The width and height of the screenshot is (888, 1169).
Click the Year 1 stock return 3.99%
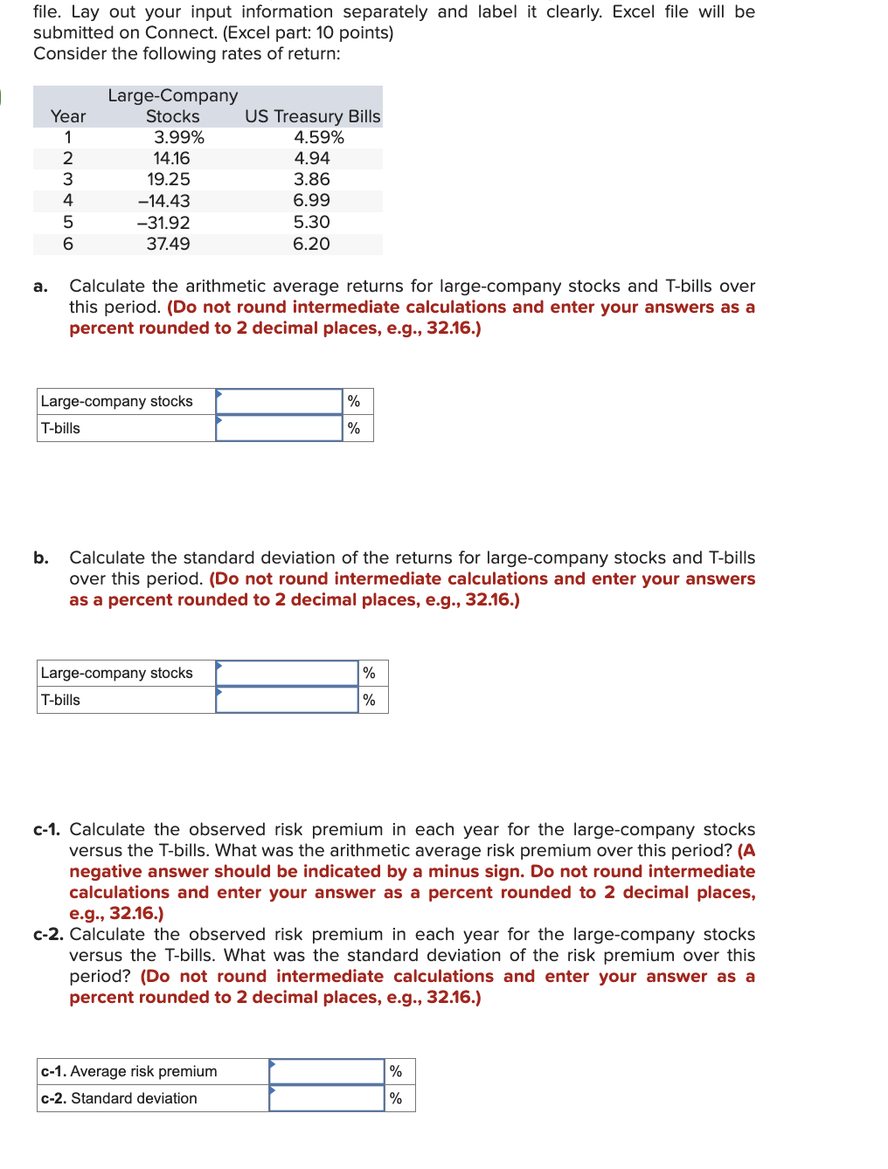[179, 137]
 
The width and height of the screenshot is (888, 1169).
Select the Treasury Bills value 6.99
[311, 201]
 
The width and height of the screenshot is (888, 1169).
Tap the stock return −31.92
[163, 223]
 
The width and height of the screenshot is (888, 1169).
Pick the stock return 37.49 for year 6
[168, 244]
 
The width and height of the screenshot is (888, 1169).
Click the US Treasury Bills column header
[312, 116]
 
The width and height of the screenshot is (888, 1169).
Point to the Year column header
[68, 116]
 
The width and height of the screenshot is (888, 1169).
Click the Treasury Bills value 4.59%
[318, 137]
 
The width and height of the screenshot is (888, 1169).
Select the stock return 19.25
[169, 180]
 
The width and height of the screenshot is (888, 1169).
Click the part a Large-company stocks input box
[279, 402]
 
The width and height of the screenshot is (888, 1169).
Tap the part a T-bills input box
[279, 428]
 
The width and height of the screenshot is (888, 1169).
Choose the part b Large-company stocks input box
[287, 674]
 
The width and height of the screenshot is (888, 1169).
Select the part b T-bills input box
[287, 700]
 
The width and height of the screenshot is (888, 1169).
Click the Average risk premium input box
[327, 1072]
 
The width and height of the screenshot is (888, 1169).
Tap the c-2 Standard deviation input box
[327, 1098]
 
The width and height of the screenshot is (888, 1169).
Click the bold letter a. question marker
[40, 287]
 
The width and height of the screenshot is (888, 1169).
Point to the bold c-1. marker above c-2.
[47, 830]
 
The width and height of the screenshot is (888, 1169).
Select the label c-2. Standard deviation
[119, 1098]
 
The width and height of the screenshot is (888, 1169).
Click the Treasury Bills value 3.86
[311, 180]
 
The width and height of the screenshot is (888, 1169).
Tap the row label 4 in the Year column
[68, 201]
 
